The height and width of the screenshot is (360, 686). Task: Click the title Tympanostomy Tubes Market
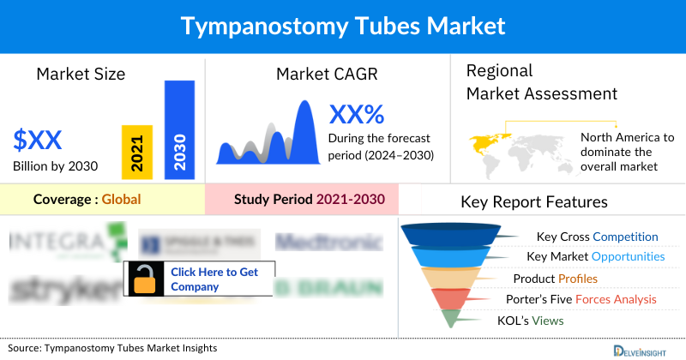pos(343,27)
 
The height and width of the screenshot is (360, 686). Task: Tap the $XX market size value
pos(38,139)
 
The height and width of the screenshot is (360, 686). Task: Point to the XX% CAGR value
pos(357,113)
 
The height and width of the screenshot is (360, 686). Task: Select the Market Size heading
pos(81,74)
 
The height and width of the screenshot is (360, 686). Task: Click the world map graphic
pos(520,149)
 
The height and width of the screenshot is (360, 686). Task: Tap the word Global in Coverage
pos(121,200)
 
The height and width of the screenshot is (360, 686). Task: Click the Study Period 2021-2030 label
pos(310,200)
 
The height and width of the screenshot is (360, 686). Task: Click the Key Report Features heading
pos(534,202)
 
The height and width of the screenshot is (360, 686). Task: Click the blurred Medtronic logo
pos(328,243)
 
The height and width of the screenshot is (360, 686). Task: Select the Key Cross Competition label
pos(597,237)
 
